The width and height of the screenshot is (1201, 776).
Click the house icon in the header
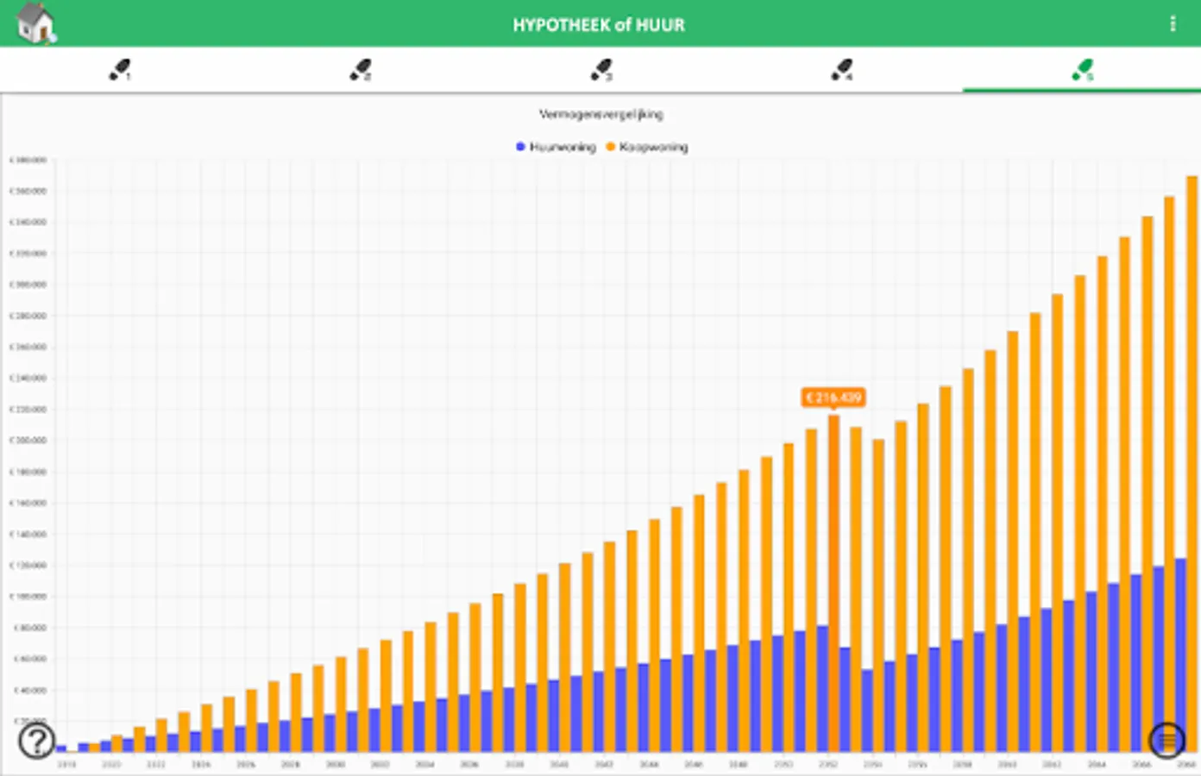point(35,23)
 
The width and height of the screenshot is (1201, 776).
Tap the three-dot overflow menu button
point(1173,24)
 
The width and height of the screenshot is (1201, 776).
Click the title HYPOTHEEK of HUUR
point(599,25)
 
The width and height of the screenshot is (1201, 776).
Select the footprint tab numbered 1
point(120,70)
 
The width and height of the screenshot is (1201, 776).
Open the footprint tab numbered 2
point(361,70)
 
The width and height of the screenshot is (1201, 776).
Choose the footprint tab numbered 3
point(601,70)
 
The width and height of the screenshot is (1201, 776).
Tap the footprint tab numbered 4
point(842,70)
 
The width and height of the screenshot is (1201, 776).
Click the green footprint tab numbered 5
point(1083,70)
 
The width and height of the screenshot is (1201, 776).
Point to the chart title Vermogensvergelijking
point(601,114)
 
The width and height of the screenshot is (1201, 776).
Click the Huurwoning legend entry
point(556,147)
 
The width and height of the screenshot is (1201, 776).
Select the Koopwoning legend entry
point(648,147)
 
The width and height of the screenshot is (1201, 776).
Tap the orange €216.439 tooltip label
point(833,397)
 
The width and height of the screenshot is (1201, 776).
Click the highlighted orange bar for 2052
point(833,517)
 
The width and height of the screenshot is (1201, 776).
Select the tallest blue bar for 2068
point(1180,655)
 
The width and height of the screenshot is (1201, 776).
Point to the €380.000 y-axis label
point(28,160)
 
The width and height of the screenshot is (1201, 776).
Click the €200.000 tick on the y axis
point(28,441)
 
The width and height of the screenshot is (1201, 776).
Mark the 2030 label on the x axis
point(335,765)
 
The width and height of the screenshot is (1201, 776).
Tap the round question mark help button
point(37,740)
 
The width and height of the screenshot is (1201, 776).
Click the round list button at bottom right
point(1166,740)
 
